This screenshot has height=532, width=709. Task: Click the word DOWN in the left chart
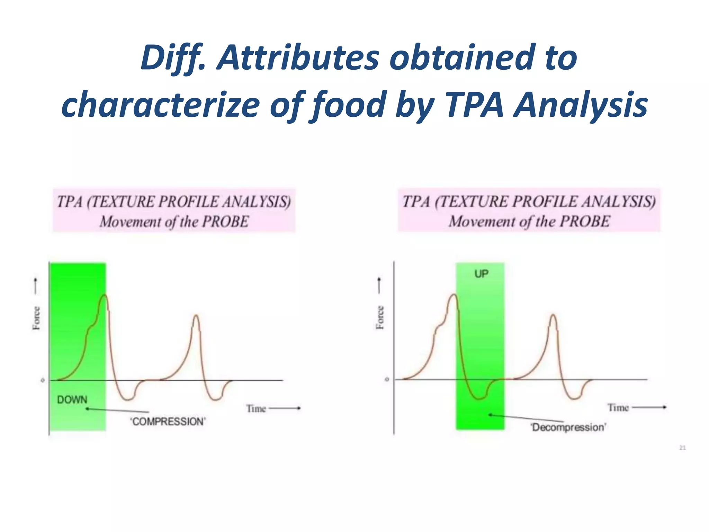click(x=72, y=400)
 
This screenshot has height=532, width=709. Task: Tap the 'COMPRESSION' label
click(x=168, y=422)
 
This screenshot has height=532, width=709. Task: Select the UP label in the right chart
click(x=481, y=274)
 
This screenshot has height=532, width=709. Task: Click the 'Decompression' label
click(x=568, y=427)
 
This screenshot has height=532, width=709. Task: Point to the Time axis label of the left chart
click(x=256, y=409)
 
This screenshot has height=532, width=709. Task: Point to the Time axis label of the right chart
click(x=618, y=408)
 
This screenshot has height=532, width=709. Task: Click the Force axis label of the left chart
click(x=36, y=318)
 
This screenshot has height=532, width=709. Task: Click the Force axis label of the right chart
click(x=380, y=317)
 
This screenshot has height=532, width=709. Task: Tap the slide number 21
click(x=682, y=448)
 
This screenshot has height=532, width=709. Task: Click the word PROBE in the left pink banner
click(x=225, y=222)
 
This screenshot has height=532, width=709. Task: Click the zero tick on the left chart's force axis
click(x=43, y=380)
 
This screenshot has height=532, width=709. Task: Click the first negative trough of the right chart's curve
click(x=479, y=399)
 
